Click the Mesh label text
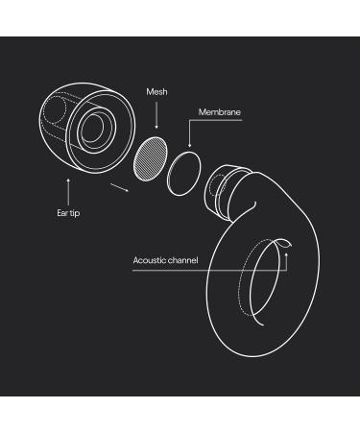point(156,92)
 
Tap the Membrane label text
point(220,112)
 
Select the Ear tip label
point(68,213)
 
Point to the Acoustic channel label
point(165,260)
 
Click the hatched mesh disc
point(151,158)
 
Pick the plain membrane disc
point(184,174)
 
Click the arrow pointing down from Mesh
point(156,115)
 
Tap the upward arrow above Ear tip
point(68,192)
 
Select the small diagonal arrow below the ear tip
point(120,187)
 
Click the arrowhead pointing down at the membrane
point(190,145)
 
